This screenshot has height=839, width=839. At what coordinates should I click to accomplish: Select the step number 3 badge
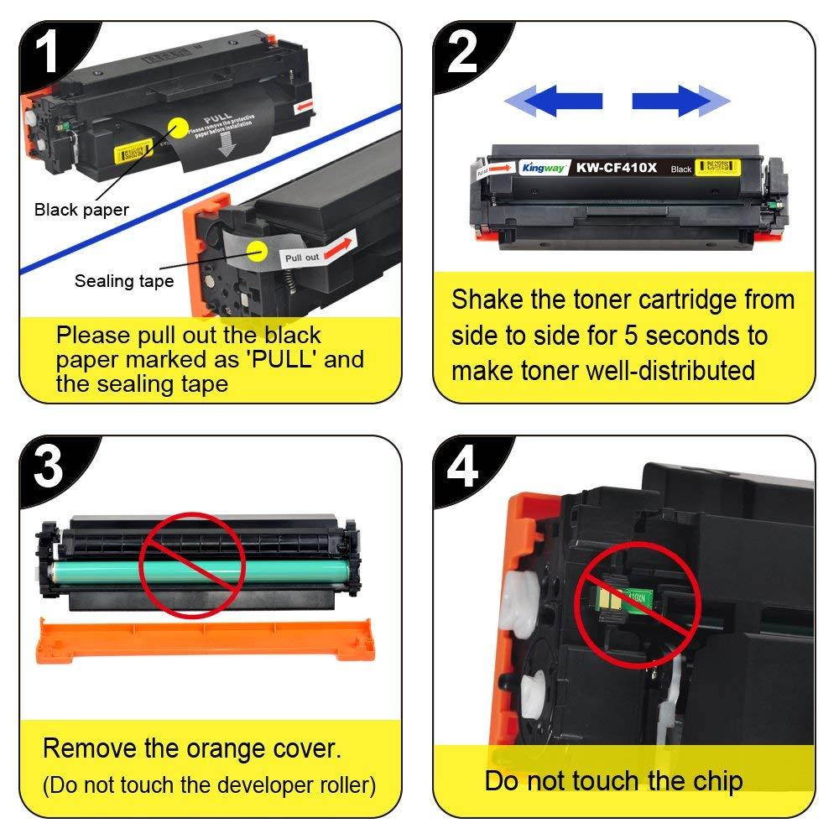48,466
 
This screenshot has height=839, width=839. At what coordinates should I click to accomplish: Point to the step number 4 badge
462,466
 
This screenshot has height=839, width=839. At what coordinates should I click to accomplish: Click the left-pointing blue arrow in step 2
554,102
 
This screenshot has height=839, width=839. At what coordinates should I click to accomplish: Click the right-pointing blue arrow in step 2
680,102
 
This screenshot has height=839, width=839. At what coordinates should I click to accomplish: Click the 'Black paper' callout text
81,210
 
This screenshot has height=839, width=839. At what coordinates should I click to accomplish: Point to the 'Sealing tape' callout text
124,281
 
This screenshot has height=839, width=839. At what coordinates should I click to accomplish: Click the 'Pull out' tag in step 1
303,257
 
